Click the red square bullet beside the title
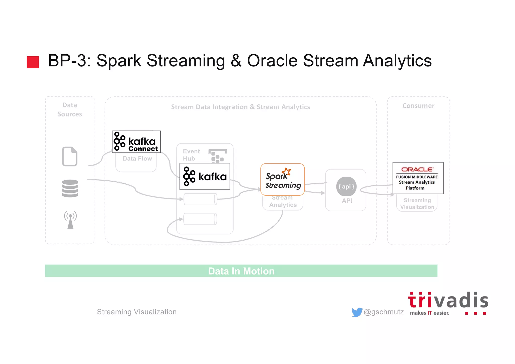(x=33, y=62)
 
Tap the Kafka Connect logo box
(x=136, y=142)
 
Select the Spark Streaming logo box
(x=282, y=179)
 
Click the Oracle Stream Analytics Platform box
(x=418, y=178)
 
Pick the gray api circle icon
(x=346, y=187)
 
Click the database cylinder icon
(x=70, y=188)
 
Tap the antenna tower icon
(x=70, y=220)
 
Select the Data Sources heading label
(x=70, y=110)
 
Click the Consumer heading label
(x=418, y=106)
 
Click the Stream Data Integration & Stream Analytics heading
(x=240, y=107)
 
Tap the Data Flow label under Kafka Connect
(x=137, y=159)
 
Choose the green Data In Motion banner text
(x=241, y=271)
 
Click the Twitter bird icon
(x=357, y=312)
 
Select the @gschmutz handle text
(x=384, y=312)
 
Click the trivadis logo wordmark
(x=448, y=301)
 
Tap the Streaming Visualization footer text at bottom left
(x=137, y=312)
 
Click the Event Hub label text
(x=191, y=155)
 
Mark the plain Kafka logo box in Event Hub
(x=205, y=177)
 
